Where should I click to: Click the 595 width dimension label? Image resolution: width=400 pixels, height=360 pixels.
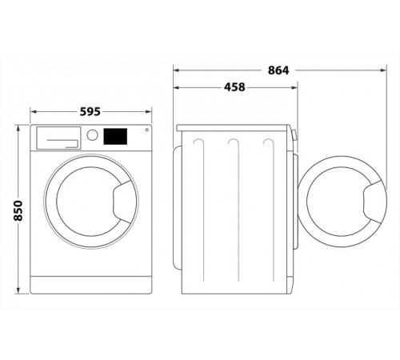point(90,111)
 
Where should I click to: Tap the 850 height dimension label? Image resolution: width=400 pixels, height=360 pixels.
point(18,210)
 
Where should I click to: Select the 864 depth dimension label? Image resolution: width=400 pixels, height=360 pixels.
point(278,70)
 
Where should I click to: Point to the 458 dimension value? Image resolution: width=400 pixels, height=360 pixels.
point(234,87)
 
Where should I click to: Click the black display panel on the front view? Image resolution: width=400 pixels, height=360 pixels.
point(115,137)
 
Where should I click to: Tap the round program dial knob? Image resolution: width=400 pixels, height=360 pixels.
point(92,135)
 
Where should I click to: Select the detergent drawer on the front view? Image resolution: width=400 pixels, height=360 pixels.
point(58,138)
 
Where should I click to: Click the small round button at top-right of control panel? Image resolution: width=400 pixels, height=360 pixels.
point(147,130)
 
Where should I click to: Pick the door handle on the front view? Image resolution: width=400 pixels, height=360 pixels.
point(123,202)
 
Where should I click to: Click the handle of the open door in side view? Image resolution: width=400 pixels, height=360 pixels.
point(374,202)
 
